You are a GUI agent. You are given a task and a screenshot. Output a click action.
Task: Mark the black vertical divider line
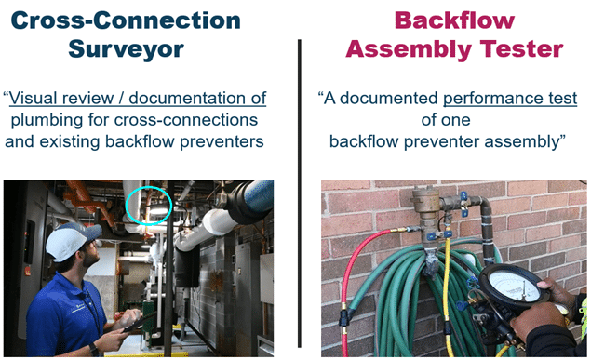pos(297,187)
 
